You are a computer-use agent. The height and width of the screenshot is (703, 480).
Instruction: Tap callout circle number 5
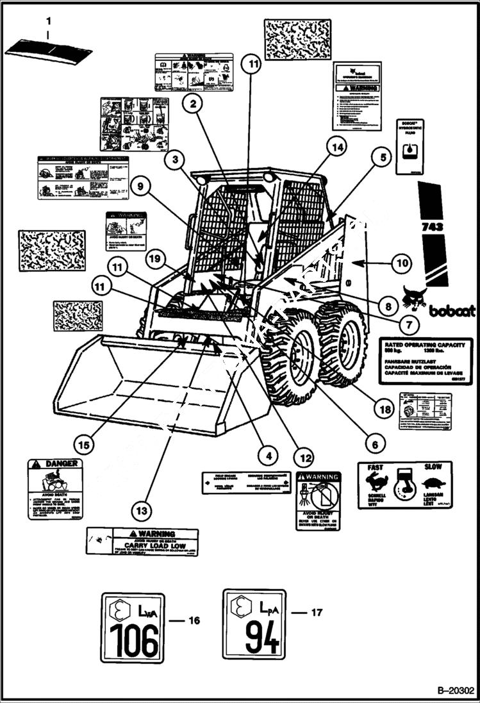pyautogui.click(x=383, y=156)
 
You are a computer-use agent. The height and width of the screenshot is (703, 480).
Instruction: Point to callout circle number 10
pyautogui.click(x=402, y=262)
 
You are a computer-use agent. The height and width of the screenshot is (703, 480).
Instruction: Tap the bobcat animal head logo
pyautogui.click(x=415, y=297)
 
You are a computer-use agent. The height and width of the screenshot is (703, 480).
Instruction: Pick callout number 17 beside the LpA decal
pyautogui.click(x=316, y=613)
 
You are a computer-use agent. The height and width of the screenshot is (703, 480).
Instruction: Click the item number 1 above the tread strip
pyautogui.click(x=47, y=21)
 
